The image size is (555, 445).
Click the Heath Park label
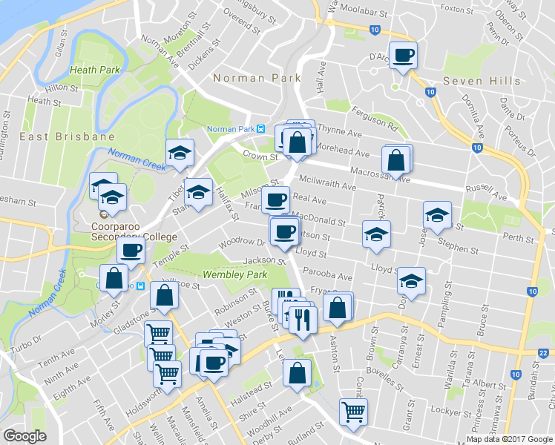[x=94, y=70]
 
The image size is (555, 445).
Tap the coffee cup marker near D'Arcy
[x=403, y=55]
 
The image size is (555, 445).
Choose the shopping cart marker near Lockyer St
[x=353, y=412]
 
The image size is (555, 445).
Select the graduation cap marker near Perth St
[x=438, y=216]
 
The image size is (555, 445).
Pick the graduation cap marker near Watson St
[x=376, y=235]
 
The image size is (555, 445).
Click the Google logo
[x=24, y=436]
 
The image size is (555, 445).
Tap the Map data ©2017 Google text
[x=510, y=438]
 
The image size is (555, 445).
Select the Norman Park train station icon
[x=260, y=128]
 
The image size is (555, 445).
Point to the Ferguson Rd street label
[x=375, y=118]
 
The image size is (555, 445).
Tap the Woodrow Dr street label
[x=241, y=243]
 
